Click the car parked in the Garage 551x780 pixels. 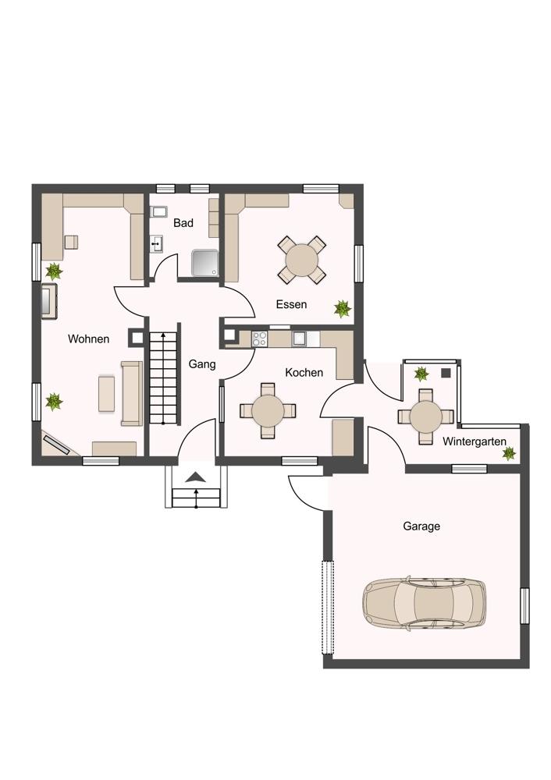pyautogui.click(x=424, y=604)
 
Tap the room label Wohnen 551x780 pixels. pyautogui.click(x=88, y=339)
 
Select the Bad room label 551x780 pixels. pyautogui.click(x=183, y=223)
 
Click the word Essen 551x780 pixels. pyautogui.click(x=291, y=304)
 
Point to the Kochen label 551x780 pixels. pyautogui.click(x=304, y=373)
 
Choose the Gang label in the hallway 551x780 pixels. pyautogui.click(x=202, y=363)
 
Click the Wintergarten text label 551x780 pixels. pyautogui.click(x=474, y=441)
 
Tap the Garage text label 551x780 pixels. pyautogui.click(x=421, y=526)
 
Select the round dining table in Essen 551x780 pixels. pyautogui.click(x=301, y=259)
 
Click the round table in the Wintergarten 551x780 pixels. pyautogui.click(x=426, y=416)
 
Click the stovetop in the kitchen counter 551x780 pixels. pyautogui.click(x=259, y=339)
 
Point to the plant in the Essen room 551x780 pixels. pyautogui.click(x=342, y=309)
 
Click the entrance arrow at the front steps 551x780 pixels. pyautogui.click(x=195, y=478)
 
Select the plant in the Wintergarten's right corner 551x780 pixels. pyautogui.click(x=509, y=453)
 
